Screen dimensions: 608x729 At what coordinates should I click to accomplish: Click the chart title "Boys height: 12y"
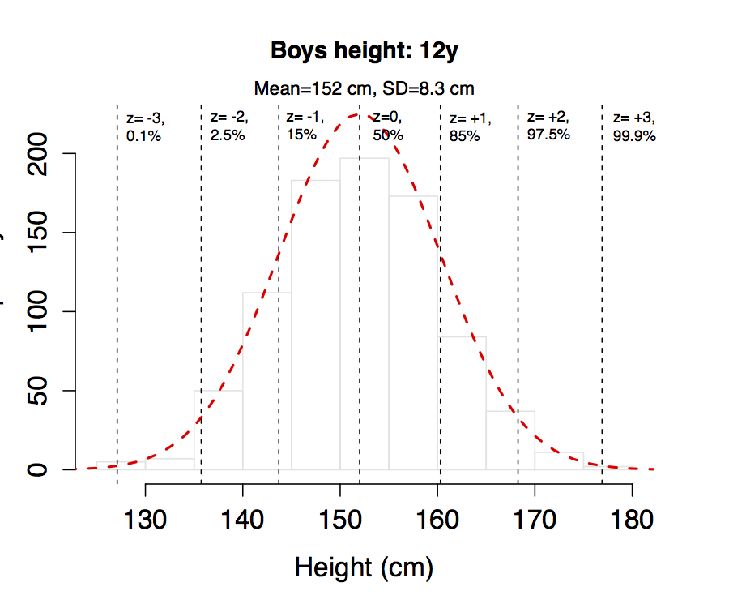coord(364,52)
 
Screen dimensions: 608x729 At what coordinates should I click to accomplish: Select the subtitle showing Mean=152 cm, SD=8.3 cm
coord(364,88)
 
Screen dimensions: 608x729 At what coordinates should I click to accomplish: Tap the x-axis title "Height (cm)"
coord(364,567)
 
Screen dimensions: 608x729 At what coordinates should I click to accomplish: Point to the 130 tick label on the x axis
coord(146,518)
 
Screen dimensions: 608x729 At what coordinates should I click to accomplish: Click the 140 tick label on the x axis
coord(243,518)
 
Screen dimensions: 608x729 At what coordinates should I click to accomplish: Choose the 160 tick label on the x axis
coord(437,518)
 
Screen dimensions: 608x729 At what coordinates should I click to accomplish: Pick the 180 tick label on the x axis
coord(632,518)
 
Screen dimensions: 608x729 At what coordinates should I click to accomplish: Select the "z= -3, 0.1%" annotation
coord(144,127)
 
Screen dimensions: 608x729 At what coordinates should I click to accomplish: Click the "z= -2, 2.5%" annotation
coord(228,126)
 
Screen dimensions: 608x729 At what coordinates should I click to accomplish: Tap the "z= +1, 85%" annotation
coord(470,127)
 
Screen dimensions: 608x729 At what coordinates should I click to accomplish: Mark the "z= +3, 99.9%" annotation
coord(633,127)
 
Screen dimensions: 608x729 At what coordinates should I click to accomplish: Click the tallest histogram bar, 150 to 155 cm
coord(364,316)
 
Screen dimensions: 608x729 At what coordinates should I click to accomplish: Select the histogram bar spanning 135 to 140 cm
coord(219,430)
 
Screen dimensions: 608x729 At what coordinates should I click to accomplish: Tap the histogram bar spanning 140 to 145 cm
coord(267,381)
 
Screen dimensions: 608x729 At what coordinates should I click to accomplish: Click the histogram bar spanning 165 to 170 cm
coord(510,441)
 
